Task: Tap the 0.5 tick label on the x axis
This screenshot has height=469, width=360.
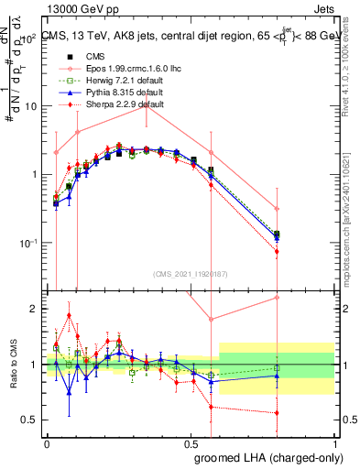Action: click(190, 443)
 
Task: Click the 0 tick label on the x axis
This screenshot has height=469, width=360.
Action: click(47, 443)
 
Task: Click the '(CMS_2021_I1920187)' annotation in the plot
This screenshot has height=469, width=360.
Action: click(190, 272)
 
